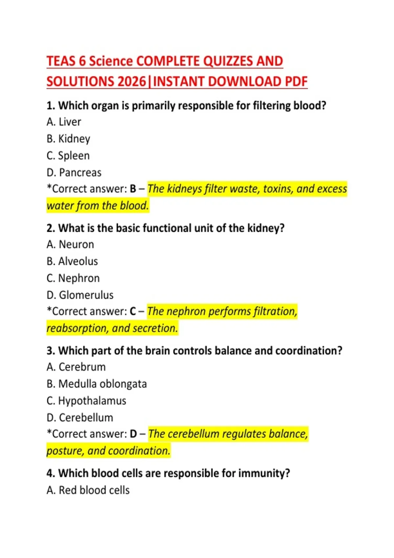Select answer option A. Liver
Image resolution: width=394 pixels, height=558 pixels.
coord(64,122)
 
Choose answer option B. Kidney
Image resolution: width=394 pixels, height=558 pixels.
coord(68,139)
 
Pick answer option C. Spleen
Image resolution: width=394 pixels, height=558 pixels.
coord(68,156)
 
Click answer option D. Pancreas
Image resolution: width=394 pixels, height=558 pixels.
coord(74,173)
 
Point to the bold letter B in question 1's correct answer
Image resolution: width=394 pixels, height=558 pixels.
coord(133,189)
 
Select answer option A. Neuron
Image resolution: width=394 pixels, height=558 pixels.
coord(70,245)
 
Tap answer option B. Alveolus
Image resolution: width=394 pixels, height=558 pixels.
coord(72,261)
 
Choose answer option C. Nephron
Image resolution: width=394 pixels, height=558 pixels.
coord(73,278)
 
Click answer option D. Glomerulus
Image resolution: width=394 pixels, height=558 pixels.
coord(80,295)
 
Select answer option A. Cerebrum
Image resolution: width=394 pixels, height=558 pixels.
coord(76,367)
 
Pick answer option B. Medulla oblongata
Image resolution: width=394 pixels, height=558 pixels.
coord(97,384)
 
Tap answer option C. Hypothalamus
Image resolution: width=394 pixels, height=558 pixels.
coord(86,401)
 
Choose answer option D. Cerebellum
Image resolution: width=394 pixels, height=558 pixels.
coord(80,418)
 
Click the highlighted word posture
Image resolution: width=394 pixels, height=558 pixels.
coord(65,451)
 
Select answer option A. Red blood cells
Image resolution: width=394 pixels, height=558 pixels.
coord(88,490)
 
